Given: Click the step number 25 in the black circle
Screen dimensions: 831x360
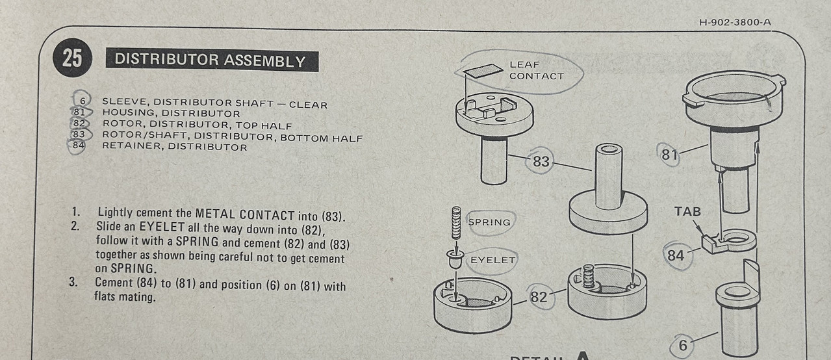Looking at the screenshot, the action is click(x=72, y=58).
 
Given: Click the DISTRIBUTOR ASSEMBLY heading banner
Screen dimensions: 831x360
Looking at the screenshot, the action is click(x=212, y=60).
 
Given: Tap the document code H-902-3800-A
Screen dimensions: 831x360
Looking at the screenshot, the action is click(x=735, y=22).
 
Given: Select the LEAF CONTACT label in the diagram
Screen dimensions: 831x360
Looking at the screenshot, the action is click(x=537, y=70).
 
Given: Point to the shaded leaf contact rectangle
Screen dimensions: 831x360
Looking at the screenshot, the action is click(x=483, y=71).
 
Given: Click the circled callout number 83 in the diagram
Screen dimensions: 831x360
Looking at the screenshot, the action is click(x=541, y=161).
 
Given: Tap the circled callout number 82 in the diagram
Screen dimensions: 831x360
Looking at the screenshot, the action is click(x=539, y=297).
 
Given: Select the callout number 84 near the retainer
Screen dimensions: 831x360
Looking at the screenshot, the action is click(x=676, y=255).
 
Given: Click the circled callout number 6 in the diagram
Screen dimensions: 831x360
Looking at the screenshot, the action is click(x=683, y=346).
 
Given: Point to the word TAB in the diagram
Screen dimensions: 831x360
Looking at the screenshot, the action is click(x=687, y=212).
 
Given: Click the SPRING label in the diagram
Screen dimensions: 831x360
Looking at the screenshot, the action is click(x=489, y=222).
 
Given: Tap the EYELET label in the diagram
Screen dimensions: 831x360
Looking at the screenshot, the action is click(x=493, y=260).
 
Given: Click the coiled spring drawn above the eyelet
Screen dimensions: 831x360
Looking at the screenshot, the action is click(x=456, y=223).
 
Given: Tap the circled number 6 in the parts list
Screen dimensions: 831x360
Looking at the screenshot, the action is click(x=83, y=101).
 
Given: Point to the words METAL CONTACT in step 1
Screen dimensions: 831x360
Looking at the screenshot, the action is click(x=245, y=214).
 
